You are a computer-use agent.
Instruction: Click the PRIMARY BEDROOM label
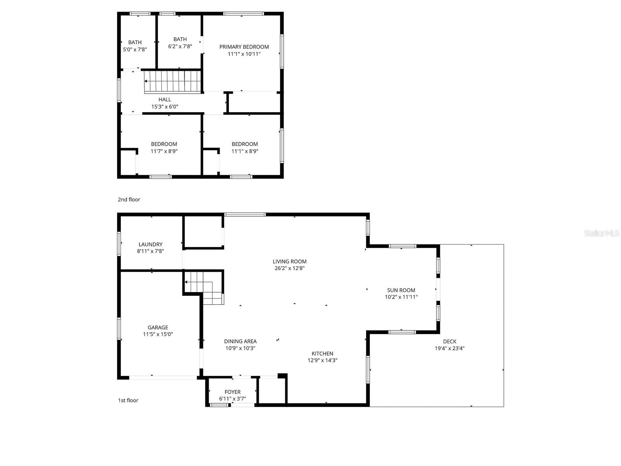(x=244, y=47)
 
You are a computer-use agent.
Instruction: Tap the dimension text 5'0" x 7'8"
(x=135, y=50)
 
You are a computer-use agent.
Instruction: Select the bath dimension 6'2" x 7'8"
(x=180, y=46)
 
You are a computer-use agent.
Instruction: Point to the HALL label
(x=165, y=100)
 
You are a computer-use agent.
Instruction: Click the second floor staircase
(x=173, y=82)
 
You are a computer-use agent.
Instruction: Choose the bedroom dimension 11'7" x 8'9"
(x=164, y=151)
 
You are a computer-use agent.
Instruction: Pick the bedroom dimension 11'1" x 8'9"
(x=245, y=151)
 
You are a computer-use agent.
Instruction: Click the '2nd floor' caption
(x=129, y=200)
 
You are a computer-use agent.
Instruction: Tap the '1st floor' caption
(x=128, y=400)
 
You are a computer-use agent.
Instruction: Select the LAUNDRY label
(x=150, y=244)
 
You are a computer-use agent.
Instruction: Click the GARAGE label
(x=158, y=327)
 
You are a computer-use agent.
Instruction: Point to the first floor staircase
(x=204, y=287)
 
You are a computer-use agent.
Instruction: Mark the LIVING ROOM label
(x=289, y=261)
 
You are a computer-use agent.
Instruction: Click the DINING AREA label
(x=240, y=341)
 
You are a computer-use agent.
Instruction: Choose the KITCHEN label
(x=322, y=353)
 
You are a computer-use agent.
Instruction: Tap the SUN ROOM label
(x=401, y=290)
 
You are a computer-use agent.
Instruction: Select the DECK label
(x=449, y=341)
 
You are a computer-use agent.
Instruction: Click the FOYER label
(x=232, y=392)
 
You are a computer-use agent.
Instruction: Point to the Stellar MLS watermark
(x=601, y=233)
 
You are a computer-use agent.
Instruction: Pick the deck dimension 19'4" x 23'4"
(x=449, y=348)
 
